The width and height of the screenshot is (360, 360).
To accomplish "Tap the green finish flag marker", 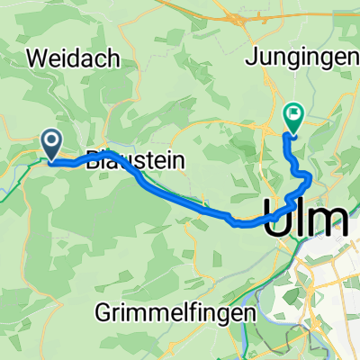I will (x=293, y=115).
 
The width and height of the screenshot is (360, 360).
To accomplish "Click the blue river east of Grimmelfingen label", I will (x=270, y=297).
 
